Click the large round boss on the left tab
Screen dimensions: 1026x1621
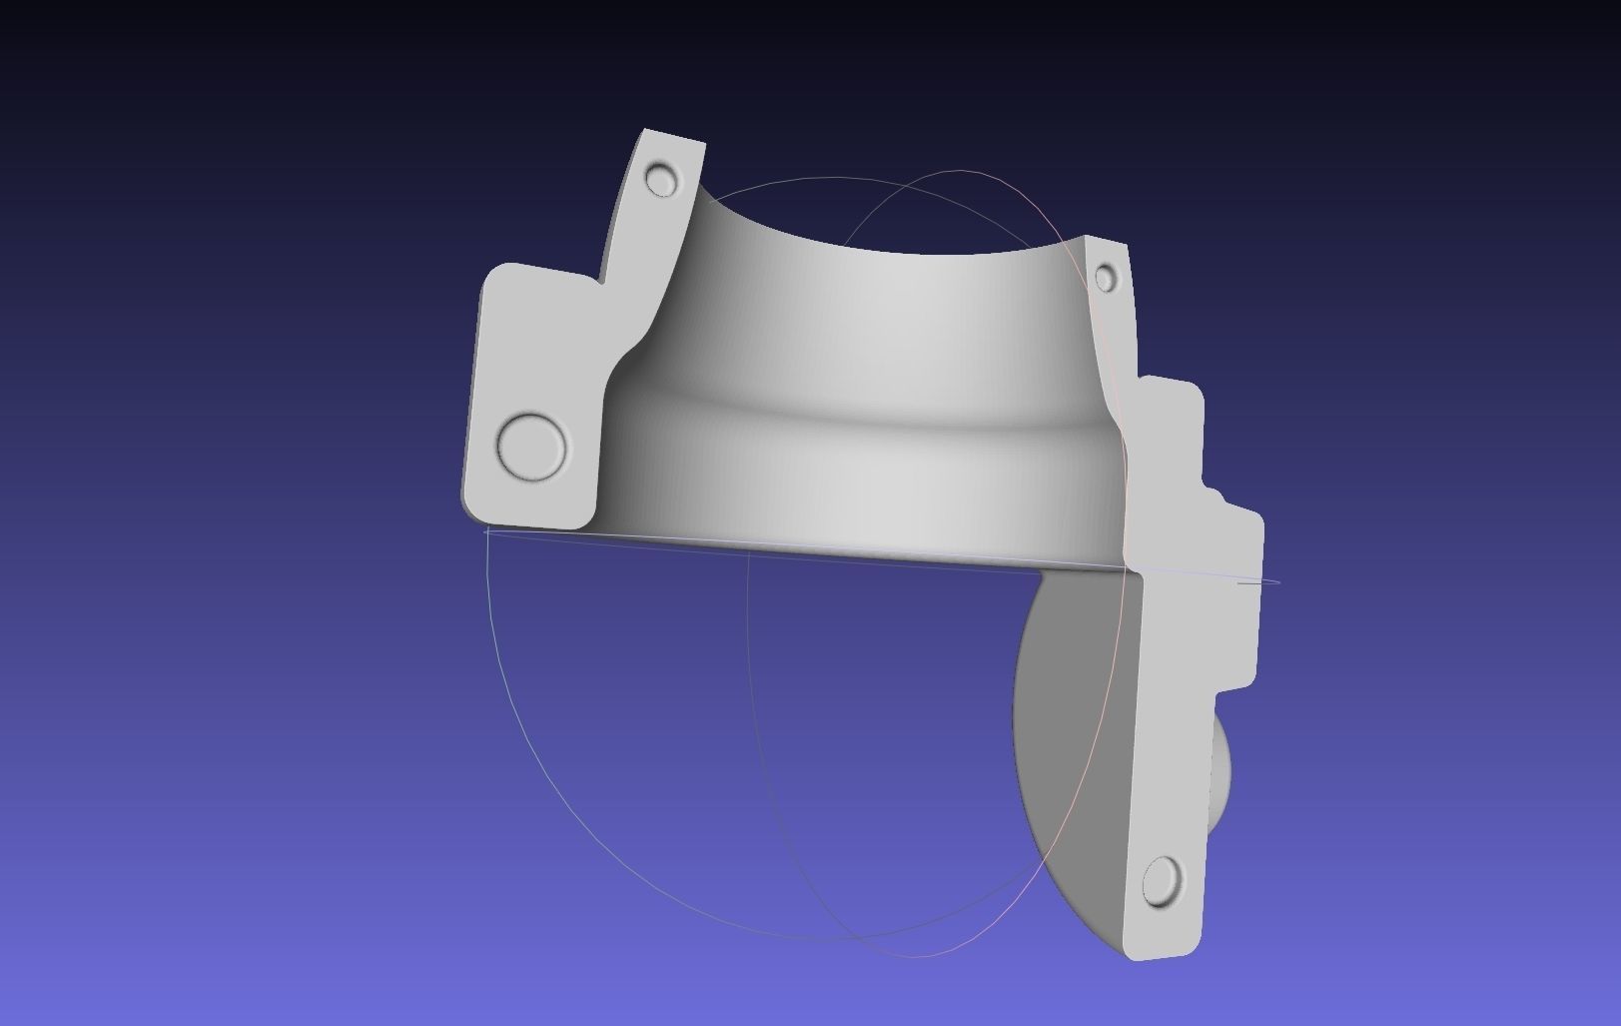click(x=531, y=447)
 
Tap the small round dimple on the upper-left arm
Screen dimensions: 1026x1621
click(x=661, y=181)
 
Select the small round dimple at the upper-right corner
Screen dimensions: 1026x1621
click(x=1106, y=278)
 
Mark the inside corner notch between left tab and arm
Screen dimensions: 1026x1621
click(x=603, y=282)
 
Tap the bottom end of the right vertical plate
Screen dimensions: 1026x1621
click(x=1159, y=949)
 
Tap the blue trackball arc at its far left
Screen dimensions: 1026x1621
click(x=488, y=619)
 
